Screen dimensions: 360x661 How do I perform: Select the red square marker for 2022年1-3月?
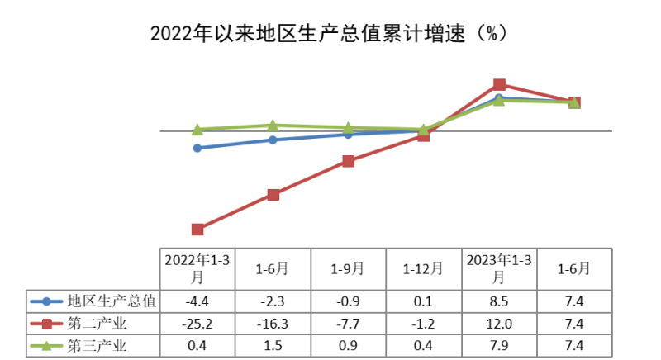197,229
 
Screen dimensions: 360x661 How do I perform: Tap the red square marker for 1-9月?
348,161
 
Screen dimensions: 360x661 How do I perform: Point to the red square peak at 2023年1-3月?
499,84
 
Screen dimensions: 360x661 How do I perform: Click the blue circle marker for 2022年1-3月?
197,148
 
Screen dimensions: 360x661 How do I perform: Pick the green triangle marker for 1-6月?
273,126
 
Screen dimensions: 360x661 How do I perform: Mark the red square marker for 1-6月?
273,195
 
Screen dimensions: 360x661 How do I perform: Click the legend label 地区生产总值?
112,301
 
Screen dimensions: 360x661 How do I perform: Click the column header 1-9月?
348,268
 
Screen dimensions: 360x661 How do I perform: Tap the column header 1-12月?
423,268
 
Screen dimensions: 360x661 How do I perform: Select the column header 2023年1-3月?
499,268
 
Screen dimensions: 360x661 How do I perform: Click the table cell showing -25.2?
197,323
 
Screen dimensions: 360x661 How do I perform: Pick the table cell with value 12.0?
499,323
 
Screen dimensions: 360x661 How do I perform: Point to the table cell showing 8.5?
499,301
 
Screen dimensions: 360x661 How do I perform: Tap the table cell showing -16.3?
273,323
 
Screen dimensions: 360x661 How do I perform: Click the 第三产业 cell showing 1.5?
273,345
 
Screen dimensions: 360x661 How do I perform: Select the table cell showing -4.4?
197,301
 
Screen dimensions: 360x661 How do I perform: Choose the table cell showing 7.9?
499,345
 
